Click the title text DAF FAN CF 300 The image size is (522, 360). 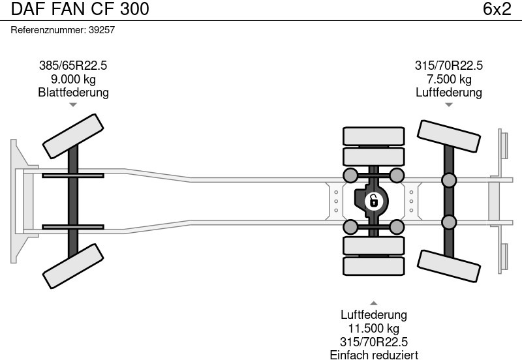click(80, 9)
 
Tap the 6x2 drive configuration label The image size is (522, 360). click(497, 9)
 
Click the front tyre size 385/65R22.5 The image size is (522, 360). click(73, 65)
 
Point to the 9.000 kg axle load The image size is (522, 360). click(73, 79)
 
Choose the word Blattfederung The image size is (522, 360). click(73, 93)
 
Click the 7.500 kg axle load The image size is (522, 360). click(449, 79)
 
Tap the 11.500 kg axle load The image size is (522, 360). click(373, 329)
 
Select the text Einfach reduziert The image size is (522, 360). click(373, 355)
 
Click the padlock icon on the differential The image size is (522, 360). click(373, 201)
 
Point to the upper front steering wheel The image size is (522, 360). click(73, 135)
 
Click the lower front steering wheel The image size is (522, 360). click(73, 265)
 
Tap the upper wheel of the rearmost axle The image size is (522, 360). click(449, 137)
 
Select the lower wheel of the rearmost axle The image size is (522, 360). click(449, 266)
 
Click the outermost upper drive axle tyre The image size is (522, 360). click(373, 136)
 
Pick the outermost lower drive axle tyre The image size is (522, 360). click(373, 266)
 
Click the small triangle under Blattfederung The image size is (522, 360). click(73, 104)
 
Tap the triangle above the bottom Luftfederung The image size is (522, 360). click(373, 303)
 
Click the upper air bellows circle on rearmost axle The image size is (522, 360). click(449, 180)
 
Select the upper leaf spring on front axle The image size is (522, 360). click(73, 175)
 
